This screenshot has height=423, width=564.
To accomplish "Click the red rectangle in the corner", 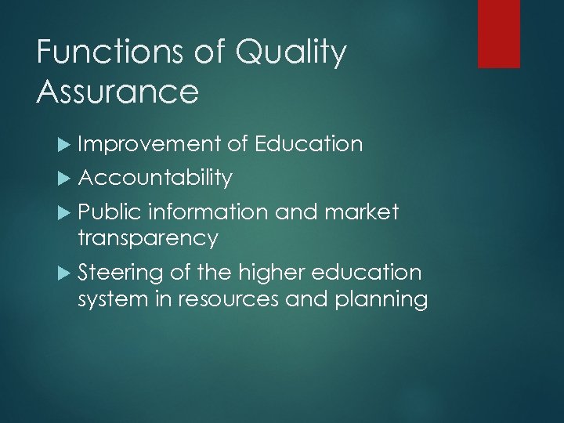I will coord(499,34).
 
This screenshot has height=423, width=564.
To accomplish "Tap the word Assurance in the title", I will coord(117,92).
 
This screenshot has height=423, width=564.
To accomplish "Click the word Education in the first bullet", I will coord(309,144).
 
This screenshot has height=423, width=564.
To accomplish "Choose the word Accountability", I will coord(155,178).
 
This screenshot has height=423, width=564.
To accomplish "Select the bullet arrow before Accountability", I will coord(65,179).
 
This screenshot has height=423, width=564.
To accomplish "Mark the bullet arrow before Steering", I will coord(65,273).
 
